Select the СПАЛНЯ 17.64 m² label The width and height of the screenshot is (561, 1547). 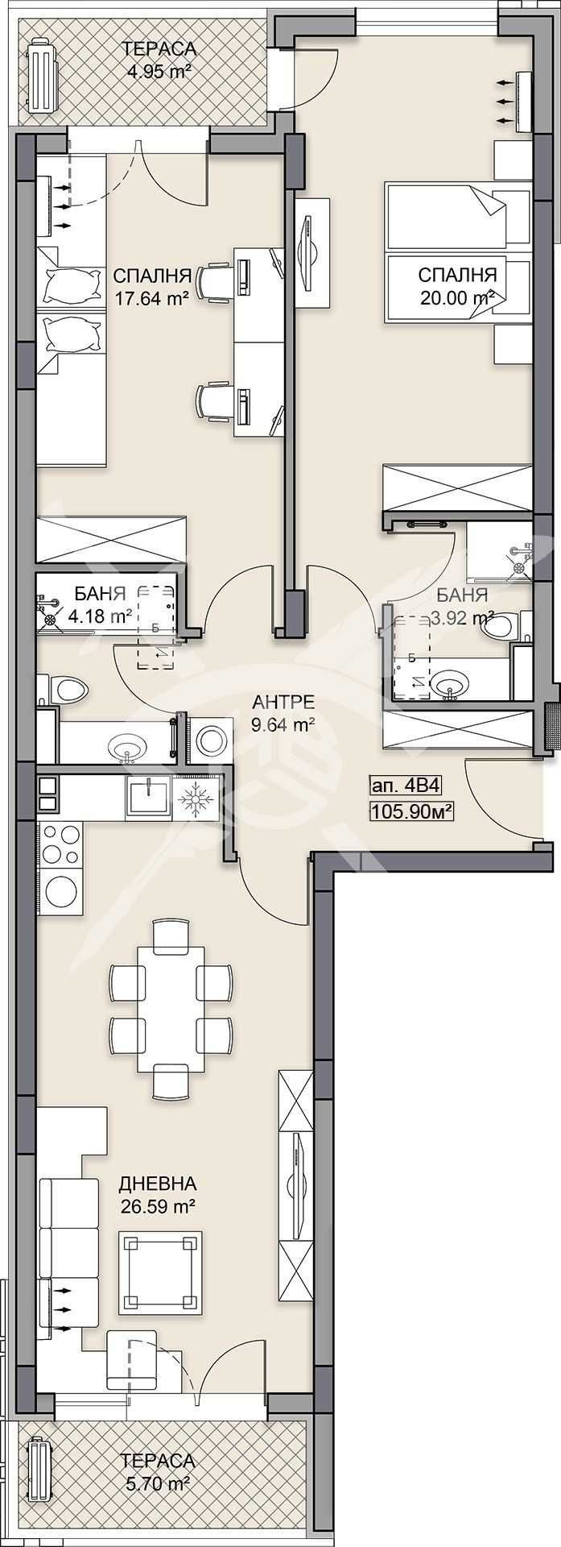[151, 286]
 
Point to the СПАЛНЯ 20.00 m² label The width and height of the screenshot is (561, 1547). [457, 286]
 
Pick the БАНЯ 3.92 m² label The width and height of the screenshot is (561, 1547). [462, 606]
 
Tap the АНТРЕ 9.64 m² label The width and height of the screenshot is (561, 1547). [281, 713]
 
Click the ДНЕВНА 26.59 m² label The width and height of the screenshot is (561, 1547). [157, 1195]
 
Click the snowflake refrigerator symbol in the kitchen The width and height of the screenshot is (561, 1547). [194, 801]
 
